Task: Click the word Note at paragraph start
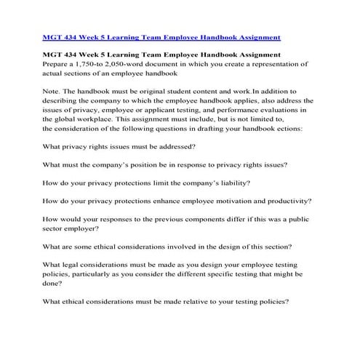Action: tap(53, 91)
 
